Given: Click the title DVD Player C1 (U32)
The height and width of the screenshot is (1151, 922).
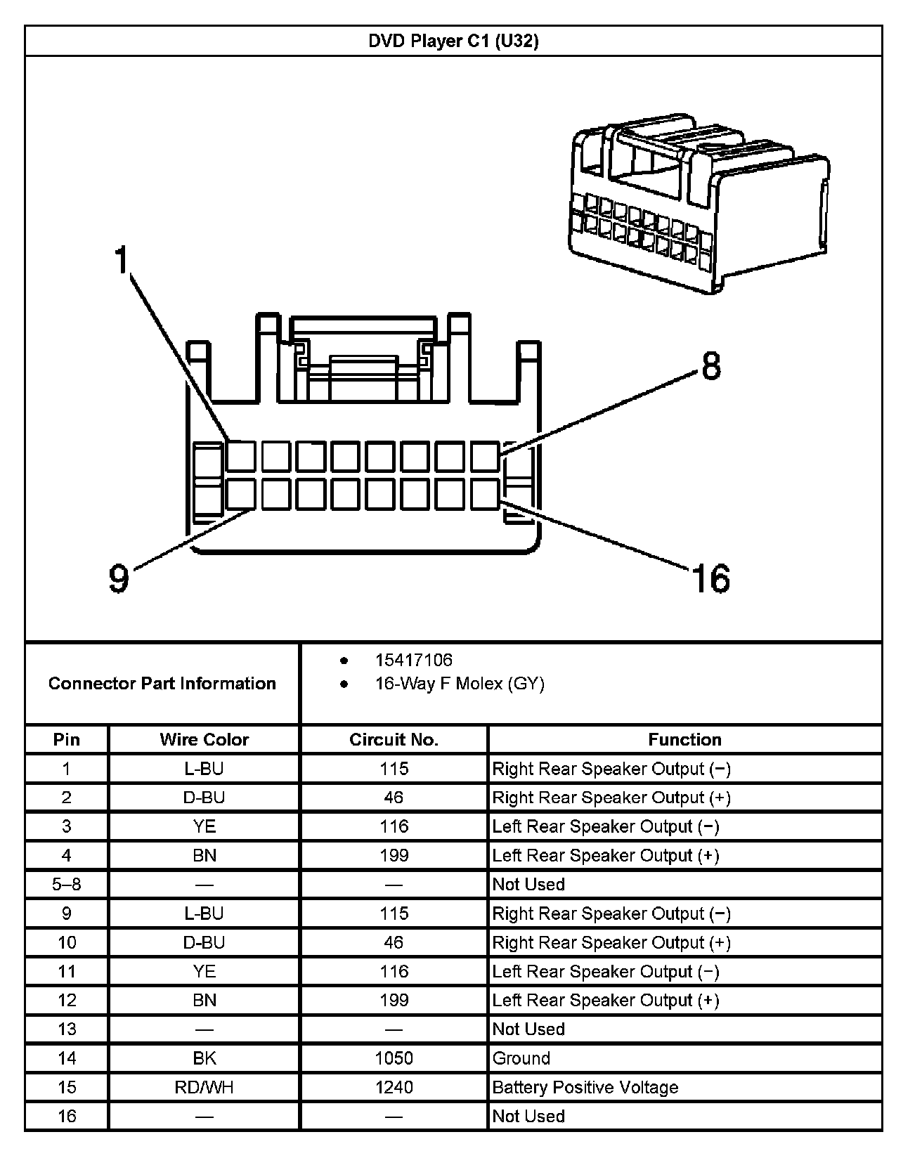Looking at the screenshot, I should tap(453, 41).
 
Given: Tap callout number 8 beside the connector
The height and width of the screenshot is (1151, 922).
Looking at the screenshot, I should tap(711, 366).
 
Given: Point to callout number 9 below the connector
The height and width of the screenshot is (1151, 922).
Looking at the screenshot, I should tap(119, 578).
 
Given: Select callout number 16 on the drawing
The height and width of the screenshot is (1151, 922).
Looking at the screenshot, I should tap(710, 578).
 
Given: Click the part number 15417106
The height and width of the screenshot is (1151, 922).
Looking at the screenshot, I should tap(413, 660).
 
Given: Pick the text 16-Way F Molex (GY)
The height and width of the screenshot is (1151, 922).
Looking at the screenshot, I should tap(460, 684).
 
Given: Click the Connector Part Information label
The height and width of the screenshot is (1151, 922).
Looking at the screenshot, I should tap(162, 684).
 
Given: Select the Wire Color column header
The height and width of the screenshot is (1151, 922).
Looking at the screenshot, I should tap(204, 739).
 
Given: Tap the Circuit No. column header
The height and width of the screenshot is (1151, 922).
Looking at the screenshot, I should tap(394, 739).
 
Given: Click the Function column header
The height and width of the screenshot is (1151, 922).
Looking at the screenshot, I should tap(684, 739).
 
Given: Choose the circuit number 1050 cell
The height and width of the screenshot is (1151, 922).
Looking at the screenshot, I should tap(394, 1058).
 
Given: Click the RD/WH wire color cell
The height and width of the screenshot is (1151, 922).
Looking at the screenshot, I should tap(204, 1087).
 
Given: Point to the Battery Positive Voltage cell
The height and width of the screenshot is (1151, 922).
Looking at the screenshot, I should tap(585, 1087).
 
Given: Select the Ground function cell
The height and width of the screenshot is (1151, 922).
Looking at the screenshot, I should tap(521, 1058).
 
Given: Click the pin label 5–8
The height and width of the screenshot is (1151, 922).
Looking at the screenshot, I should tap(67, 884).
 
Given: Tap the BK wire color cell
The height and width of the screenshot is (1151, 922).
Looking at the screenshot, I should tap(204, 1058).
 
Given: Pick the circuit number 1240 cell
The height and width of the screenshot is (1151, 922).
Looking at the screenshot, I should tap(394, 1087).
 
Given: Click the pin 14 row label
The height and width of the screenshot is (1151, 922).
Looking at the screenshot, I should tap(67, 1058).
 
